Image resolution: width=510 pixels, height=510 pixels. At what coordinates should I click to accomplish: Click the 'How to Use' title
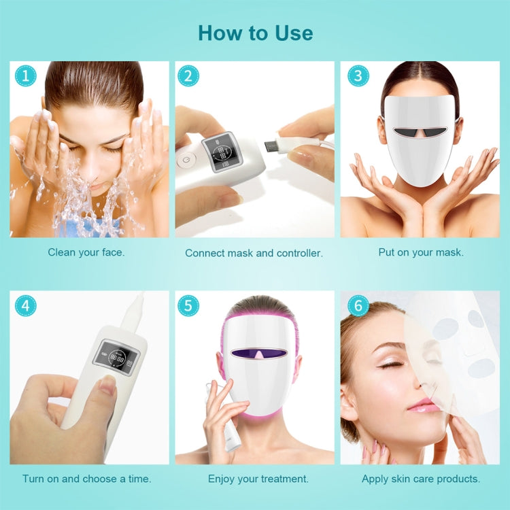click(255, 33)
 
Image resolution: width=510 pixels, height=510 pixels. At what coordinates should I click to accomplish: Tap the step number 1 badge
click(24, 76)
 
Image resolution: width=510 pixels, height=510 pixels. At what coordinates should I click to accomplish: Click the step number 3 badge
click(355, 76)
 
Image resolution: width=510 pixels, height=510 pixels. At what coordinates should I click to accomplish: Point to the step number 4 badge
click(24, 305)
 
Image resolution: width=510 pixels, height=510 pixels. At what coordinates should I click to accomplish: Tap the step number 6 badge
click(355, 305)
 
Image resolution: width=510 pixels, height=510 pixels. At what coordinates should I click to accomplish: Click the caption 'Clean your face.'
click(86, 252)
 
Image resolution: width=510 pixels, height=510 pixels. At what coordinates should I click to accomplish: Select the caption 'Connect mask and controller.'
click(254, 253)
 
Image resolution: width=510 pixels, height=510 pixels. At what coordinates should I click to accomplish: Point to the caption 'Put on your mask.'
click(421, 252)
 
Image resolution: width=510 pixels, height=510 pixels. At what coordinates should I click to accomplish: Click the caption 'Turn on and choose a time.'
click(86, 479)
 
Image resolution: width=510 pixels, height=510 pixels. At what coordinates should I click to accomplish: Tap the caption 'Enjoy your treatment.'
click(258, 479)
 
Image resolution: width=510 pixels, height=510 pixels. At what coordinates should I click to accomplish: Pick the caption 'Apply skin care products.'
click(421, 479)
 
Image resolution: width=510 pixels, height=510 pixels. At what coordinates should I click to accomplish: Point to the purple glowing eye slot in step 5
click(258, 353)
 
